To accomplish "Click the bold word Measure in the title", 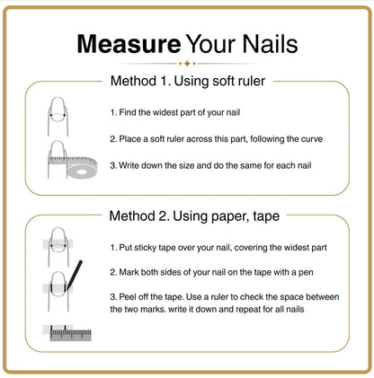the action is coord(129,44).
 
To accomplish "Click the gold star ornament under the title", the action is coord(187,64).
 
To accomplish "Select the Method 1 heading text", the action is coord(188,81).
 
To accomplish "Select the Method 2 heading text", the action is coord(194,215).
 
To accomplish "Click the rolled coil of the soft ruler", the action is coord(81,168).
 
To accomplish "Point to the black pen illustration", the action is coord(74,276).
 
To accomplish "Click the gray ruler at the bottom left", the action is coord(70,333).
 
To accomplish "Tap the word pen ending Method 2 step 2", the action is coord(306,273).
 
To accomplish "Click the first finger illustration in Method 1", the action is coord(58,116).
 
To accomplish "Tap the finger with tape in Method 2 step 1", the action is coord(58,247).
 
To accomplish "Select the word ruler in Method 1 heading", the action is coord(251,81).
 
